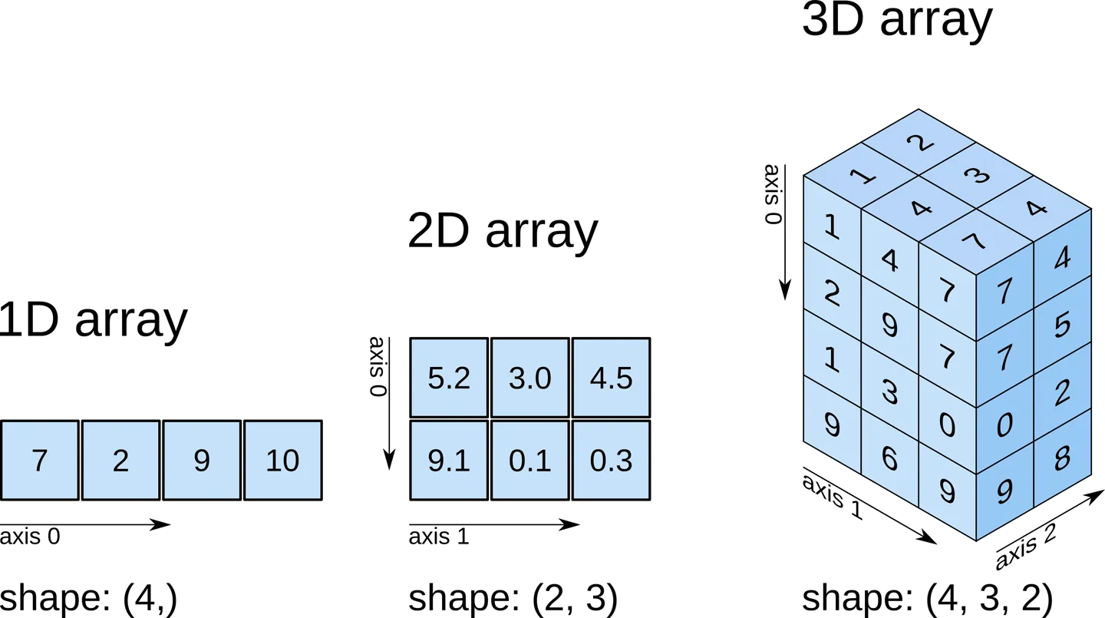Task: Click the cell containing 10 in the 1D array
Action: point(282,461)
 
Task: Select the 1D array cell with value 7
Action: point(39,461)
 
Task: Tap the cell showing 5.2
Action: point(449,378)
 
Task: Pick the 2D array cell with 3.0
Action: point(530,378)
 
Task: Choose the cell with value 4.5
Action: point(612,378)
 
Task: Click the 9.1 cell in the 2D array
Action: point(449,461)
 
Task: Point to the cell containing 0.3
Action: point(612,461)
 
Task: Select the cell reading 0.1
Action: point(530,461)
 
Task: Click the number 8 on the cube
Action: point(1062,458)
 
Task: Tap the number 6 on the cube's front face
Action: point(890,458)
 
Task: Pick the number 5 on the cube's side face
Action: point(1062,326)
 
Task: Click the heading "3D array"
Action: point(898,21)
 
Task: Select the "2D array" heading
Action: point(503,233)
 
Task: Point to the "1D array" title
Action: point(94,321)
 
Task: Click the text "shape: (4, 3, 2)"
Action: point(928,599)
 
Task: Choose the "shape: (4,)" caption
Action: point(88,599)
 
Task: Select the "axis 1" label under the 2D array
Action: point(438,536)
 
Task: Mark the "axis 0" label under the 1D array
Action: point(30,536)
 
